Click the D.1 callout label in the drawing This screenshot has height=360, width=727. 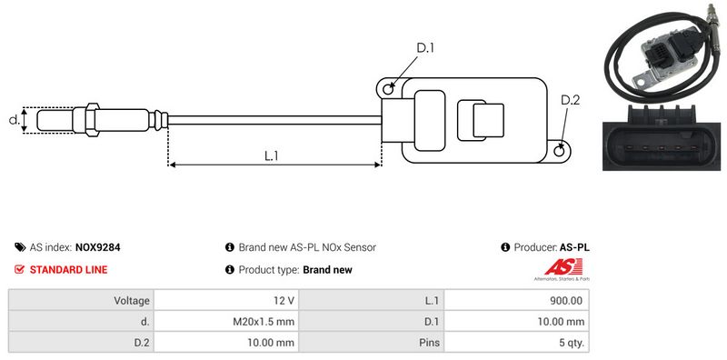[424, 48]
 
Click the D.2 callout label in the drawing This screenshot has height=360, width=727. [570, 100]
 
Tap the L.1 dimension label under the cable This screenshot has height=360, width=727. [271, 155]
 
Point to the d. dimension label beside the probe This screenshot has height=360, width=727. [15, 120]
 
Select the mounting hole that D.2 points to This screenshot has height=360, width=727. [560, 150]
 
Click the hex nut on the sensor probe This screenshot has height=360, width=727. [92, 120]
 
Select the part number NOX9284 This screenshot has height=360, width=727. [98, 247]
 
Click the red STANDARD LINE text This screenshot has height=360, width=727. [69, 269]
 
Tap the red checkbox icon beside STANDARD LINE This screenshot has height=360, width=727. [19, 269]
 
